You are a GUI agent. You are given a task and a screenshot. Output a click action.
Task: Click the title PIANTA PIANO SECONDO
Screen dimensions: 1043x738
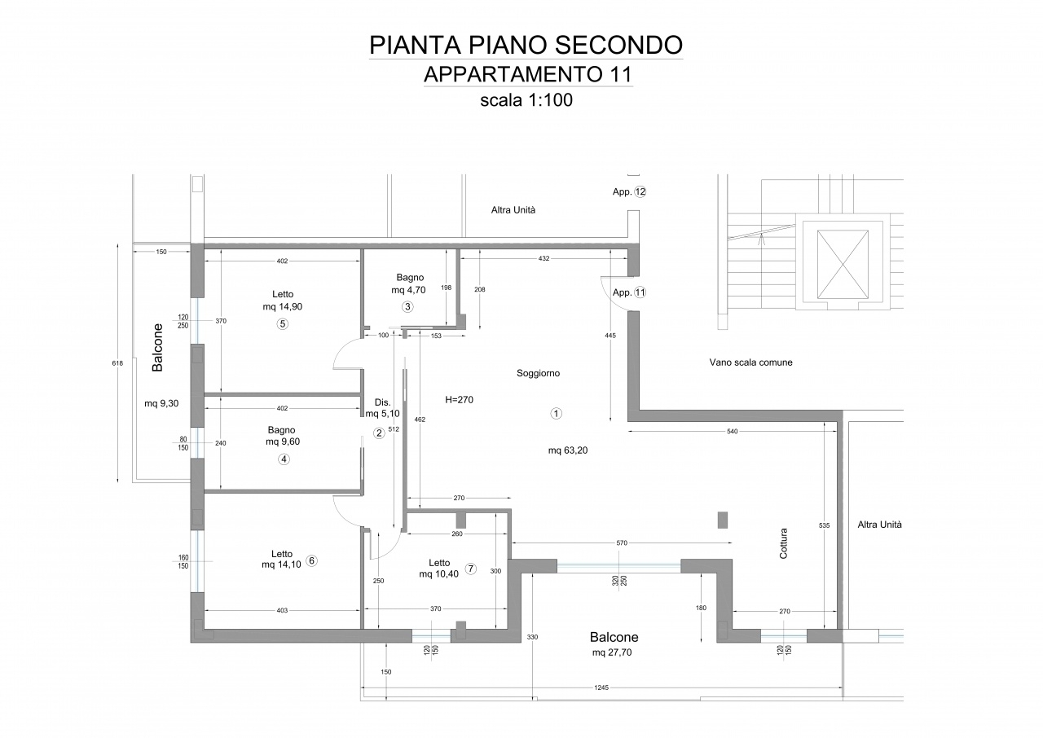tap(526, 45)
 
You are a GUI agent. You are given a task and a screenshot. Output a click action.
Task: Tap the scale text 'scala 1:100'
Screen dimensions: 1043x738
tap(526, 100)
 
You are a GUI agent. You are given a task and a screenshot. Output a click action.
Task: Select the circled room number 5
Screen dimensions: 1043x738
tap(283, 324)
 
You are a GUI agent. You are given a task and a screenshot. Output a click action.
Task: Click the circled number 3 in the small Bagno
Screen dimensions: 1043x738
tap(408, 306)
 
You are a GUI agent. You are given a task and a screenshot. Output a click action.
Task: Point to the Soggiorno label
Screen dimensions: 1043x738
tap(539, 373)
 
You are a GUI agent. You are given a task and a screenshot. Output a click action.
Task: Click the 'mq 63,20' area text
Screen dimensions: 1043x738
tap(568, 450)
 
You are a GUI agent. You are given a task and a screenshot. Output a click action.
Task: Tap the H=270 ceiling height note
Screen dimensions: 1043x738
tap(459, 400)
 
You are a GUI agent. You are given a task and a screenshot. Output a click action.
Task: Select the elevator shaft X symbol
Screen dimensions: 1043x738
tap(843, 264)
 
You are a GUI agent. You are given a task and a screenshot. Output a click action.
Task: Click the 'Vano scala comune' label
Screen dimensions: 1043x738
tap(751, 362)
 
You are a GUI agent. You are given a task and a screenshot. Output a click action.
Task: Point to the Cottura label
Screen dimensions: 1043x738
tap(784, 543)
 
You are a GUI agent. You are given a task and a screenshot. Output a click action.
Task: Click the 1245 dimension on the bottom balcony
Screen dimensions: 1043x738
tap(601, 687)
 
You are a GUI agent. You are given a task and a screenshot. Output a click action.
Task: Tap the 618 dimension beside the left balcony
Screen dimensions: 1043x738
tap(117, 363)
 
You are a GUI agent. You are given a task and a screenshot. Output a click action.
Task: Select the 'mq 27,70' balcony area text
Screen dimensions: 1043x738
tap(612, 652)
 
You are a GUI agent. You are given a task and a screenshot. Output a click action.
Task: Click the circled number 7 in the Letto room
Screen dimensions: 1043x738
tap(471, 569)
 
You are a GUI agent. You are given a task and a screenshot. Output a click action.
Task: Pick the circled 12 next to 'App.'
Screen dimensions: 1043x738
tap(640, 191)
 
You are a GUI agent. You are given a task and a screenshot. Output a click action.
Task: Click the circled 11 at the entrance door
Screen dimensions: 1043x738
tap(640, 292)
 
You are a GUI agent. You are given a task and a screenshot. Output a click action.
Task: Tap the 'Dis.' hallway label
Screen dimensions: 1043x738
tap(383, 402)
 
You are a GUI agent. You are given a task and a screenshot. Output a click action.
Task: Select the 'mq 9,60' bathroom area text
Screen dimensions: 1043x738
tap(283, 441)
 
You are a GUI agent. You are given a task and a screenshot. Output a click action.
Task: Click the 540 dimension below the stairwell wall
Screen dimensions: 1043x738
tap(732, 432)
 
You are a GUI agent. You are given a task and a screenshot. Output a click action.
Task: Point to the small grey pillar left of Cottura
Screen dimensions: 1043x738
tap(722, 520)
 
